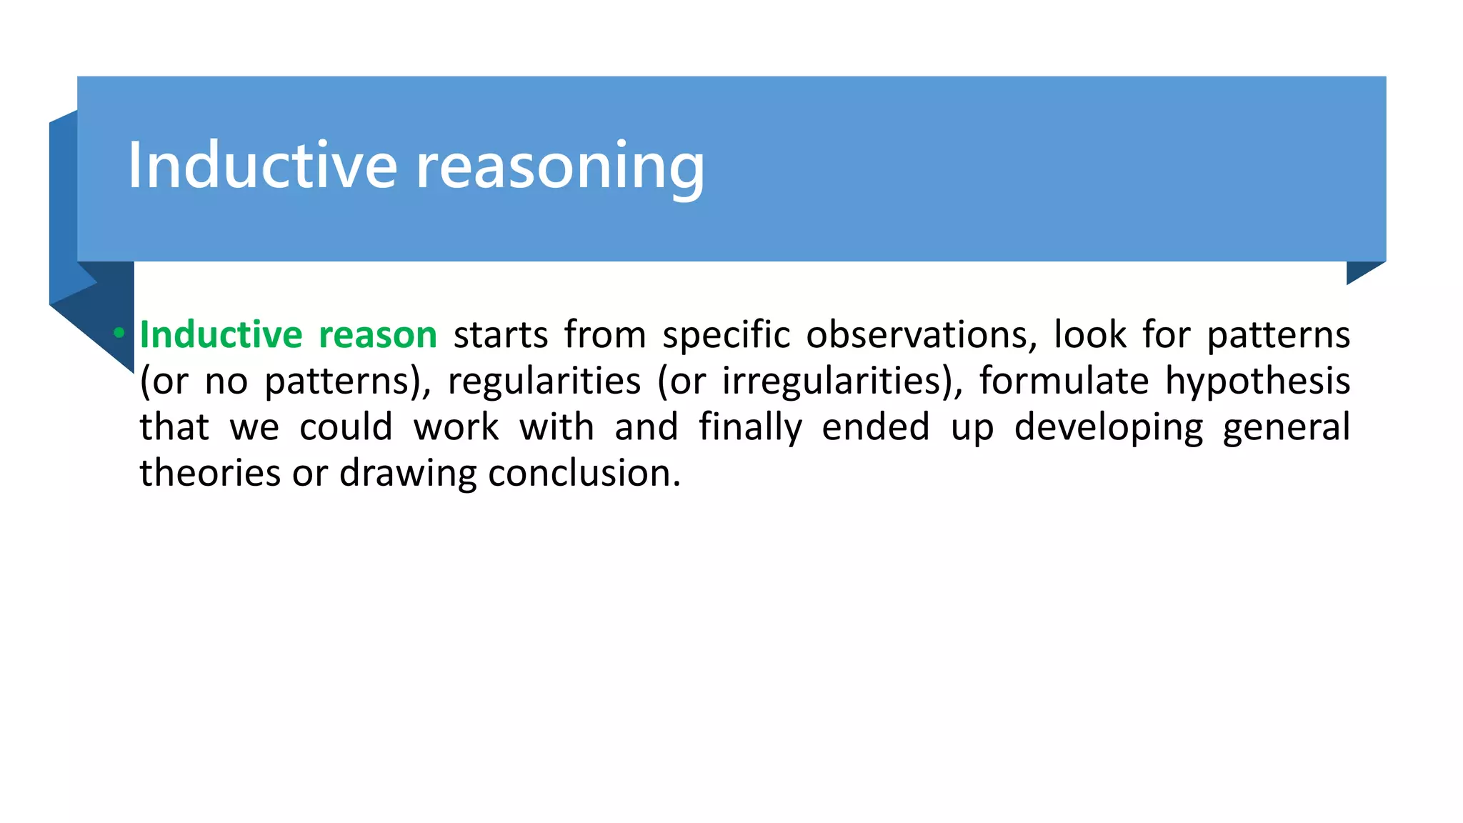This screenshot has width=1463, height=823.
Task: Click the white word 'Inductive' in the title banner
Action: click(x=262, y=166)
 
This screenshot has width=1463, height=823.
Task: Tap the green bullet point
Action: click(x=119, y=333)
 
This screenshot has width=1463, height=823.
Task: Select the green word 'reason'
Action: click(x=377, y=335)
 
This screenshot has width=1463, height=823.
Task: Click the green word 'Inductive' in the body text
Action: click(x=221, y=335)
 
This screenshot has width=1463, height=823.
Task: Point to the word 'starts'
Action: click(x=501, y=335)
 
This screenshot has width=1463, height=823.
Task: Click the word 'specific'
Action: click(x=726, y=335)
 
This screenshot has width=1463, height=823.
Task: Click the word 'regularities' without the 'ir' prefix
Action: click(x=544, y=381)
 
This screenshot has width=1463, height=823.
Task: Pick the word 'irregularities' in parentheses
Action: click(x=837, y=381)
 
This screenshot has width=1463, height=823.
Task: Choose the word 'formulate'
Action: click(x=1064, y=381)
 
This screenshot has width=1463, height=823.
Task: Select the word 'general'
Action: click(x=1286, y=427)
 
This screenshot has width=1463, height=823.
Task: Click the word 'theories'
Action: click(x=210, y=473)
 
